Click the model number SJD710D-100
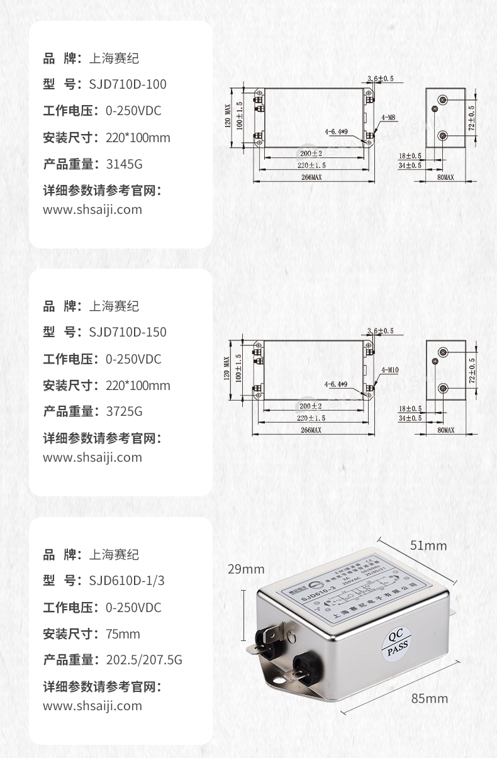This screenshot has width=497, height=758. coord(128,84)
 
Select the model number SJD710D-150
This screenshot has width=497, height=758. coord(128,332)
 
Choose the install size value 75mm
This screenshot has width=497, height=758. coord(123,633)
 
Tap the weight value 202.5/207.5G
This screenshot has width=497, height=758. coord(144,660)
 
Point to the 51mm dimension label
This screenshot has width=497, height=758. coord(428,545)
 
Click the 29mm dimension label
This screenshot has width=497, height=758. coord(246,569)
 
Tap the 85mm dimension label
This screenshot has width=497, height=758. coord(430,698)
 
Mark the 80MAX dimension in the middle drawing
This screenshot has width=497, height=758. coord(445,430)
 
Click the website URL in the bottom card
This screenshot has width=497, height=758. coord(92,706)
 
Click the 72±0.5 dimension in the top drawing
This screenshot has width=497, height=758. coord(472,118)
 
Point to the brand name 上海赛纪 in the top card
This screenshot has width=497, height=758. coord(113,59)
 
